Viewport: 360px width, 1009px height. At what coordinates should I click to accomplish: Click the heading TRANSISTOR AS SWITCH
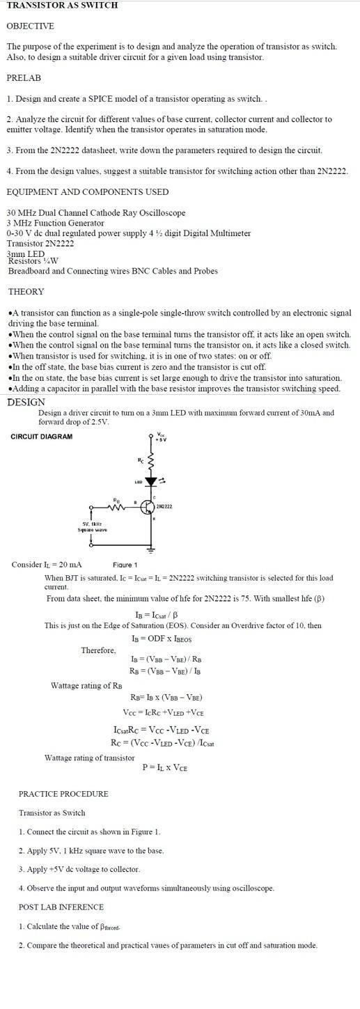coord(62,6)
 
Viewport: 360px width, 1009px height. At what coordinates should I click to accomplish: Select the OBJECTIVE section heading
coord(30,26)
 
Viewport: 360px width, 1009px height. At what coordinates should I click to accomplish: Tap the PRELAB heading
coord(24,78)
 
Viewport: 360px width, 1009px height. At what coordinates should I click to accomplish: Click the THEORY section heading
coord(26,292)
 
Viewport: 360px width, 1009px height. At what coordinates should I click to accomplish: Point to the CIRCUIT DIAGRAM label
coord(41,437)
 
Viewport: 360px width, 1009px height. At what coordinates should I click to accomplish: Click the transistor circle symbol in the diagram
coord(148,507)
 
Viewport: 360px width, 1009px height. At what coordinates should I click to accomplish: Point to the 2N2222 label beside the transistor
coord(164,506)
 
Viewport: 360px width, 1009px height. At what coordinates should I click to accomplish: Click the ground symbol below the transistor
coord(151,549)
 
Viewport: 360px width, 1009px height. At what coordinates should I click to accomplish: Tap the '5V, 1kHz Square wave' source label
coord(92,526)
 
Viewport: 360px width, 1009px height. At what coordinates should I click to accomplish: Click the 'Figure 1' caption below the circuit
coord(125,565)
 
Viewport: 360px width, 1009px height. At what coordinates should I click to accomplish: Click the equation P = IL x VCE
coord(165,767)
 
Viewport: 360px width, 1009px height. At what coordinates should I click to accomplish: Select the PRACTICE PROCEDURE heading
coord(63,794)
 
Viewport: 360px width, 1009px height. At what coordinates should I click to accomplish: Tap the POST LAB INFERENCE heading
coord(61,907)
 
